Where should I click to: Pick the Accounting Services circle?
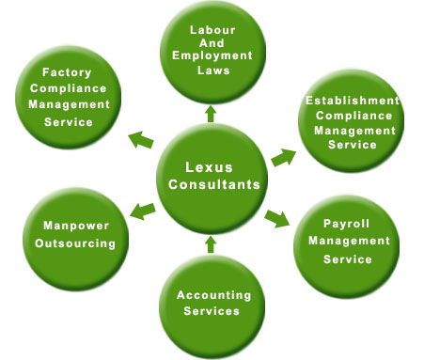click(x=209, y=303)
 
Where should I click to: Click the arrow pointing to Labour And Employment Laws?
click(x=211, y=114)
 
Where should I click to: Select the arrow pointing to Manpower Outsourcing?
click(x=142, y=210)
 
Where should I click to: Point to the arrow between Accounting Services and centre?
click(x=211, y=244)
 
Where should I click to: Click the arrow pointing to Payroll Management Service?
click(x=276, y=217)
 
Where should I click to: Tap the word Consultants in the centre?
click(x=213, y=184)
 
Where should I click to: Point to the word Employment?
click(x=212, y=54)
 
